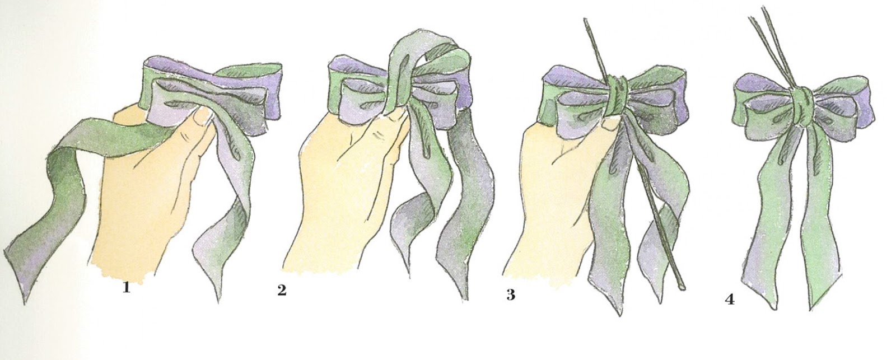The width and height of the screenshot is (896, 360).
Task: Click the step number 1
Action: point(127,288)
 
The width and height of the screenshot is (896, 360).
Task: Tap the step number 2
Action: point(282,291)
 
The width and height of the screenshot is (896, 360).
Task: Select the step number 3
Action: point(511,295)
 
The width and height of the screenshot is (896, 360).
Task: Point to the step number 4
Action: point(730,299)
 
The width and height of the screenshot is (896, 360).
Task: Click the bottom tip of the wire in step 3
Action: point(682,288)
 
